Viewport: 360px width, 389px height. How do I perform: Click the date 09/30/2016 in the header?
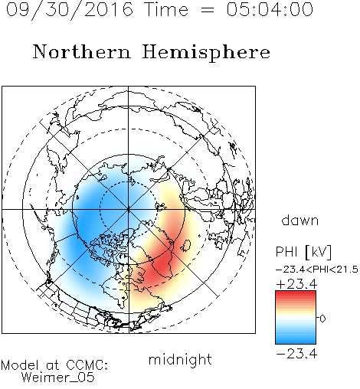pos(70,10)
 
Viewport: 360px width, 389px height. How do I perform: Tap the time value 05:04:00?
pos(270,9)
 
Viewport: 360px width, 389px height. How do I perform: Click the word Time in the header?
pos(166,9)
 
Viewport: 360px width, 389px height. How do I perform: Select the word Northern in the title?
pos(82,51)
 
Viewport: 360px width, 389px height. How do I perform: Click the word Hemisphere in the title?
pos(206,53)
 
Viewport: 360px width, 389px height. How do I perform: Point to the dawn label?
pos(300,220)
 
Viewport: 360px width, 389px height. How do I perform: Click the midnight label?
pos(180,359)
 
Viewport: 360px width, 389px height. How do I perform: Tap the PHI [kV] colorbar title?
pos(303,252)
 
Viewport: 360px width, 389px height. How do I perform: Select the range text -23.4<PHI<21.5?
pos(317,270)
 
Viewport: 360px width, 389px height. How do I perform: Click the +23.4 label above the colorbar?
pos(296,284)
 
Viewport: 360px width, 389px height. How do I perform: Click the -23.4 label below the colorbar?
pos(296,354)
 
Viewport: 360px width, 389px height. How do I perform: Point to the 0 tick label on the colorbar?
pos(322,319)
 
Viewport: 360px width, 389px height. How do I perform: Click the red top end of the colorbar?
pos(296,293)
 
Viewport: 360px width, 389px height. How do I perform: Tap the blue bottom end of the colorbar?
pos(296,342)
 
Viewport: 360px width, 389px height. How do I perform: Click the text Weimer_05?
pos(58,377)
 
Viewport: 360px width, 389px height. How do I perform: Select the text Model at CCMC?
pos(54,365)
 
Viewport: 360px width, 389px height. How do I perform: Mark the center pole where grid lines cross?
pos(129,209)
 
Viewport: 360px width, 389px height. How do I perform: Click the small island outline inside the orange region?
pos(186,246)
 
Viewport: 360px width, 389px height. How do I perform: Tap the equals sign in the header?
pos(208,10)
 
